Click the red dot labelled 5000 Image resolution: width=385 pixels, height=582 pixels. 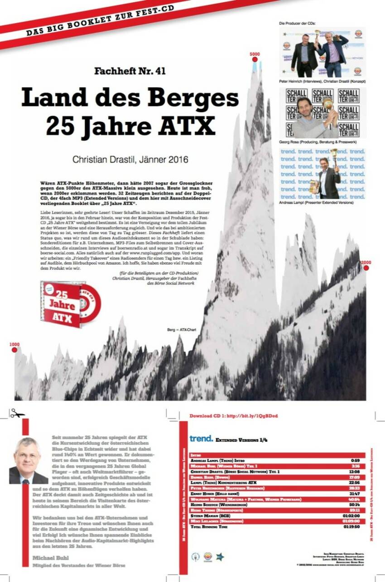click(255, 59)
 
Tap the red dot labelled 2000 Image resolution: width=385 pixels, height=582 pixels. click(366, 268)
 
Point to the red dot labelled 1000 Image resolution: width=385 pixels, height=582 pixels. click(14, 349)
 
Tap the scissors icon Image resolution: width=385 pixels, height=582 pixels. click(17, 413)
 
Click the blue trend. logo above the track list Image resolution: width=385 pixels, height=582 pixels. click(201, 439)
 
